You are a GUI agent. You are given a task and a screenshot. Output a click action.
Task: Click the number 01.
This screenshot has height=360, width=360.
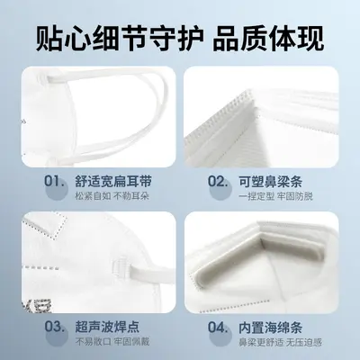[x=54, y=182]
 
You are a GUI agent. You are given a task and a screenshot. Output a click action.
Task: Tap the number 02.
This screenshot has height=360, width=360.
[x=218, y=182]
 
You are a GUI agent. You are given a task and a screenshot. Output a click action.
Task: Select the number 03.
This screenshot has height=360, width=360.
[x=54, y=327]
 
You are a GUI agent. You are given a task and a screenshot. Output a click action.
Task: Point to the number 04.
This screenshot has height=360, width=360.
[x=218, y=327]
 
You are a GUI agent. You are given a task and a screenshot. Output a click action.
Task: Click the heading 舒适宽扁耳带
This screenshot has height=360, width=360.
[x=113, y=182]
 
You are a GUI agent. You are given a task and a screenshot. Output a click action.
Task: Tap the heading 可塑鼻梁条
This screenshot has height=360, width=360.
[x=270, y=182]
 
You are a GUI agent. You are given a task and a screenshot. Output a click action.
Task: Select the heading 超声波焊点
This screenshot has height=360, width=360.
[x=107, y=327]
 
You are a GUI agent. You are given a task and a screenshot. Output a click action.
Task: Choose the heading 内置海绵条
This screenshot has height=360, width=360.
[x=270, y=327]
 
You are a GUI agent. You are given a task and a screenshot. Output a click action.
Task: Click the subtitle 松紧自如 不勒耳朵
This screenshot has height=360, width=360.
[x=112, y=196]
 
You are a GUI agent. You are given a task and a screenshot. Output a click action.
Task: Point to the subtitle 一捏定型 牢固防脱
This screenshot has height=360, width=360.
[x=276, y=196]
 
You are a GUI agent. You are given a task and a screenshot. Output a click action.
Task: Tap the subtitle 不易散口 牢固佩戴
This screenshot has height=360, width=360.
[x=112, y=342]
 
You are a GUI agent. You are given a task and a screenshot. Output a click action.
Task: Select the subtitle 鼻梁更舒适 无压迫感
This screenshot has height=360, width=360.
[x=280, y=342]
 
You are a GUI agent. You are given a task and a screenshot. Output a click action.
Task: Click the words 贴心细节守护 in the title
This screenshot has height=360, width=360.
[x=120, y=39]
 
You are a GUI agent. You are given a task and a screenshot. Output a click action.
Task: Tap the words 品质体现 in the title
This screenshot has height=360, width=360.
[x=268, y=39]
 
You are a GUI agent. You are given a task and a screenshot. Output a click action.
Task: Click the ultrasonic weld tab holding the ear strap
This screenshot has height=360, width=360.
[x=121, y=266]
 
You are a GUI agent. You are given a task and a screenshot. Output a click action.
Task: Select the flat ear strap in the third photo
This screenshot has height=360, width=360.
[x=151, y=273]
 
